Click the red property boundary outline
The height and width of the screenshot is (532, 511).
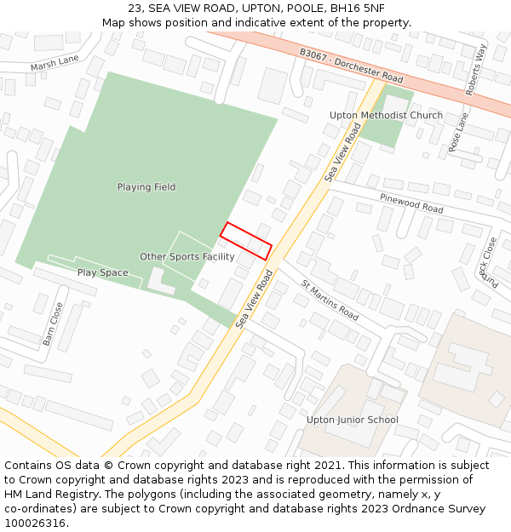pyautogui.click(x=246, y=241)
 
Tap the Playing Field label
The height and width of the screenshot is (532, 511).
pyautogui.click(x=146, y=187)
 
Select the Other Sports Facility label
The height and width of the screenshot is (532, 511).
pyautogui.click(x=187, y=257)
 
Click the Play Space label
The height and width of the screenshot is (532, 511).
pyautogui.click(x=103, y=273)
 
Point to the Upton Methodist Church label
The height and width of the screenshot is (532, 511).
pyautogui.click(x=386, y=116)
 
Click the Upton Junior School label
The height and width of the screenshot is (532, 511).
pyautogui.click(x=353, y=420)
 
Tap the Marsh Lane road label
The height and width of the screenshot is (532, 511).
pyautogui.click(x=55, y=63)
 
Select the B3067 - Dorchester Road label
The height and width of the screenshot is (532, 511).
pyautogui.click(x=351, y=64)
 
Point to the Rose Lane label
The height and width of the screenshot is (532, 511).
pyautogui.click(x=459, y=132)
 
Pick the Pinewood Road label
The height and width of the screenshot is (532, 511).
pyautogui.click(x=412, y=203)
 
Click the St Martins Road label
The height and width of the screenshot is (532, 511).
pyautogui.click(x=330, y=299)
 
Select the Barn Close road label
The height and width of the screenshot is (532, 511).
pyautogui.click(x=53, y=323)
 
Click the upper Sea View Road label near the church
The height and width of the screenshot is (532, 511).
pyautogui.click(x=338, y=152)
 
